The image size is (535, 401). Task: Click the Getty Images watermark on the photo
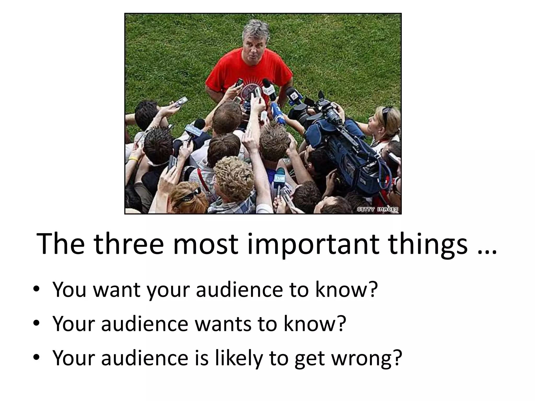377,209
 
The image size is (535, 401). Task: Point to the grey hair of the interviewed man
255,29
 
